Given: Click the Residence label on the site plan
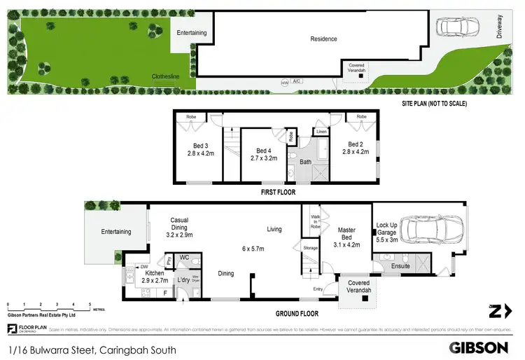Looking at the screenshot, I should click(x=323, y=39).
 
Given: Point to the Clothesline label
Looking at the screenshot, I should click(x=167, y=77).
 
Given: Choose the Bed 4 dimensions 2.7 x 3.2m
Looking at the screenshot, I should click(x=263, y=158).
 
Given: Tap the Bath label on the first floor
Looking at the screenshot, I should click(x=305, y=162).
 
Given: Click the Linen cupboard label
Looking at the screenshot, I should click(x=321, y=132).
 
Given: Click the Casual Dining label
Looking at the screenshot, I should click(x=179, y=223).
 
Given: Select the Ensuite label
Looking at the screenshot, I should click(x=400, y=266).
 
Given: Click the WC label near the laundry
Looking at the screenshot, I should click(x=185, y=257).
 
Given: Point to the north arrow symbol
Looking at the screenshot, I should click(x=498, y=311).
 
